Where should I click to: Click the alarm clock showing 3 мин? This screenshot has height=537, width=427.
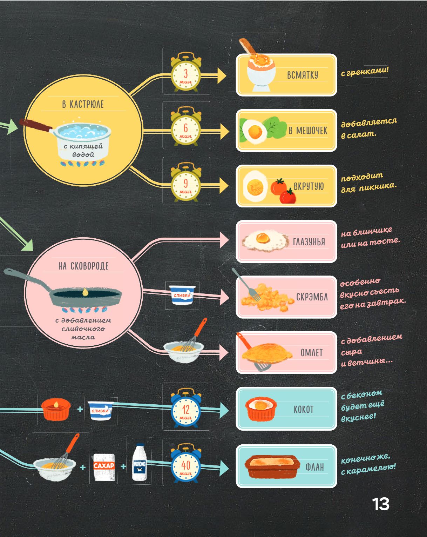coord(186,73)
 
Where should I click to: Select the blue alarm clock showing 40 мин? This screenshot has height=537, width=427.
coord(186,465)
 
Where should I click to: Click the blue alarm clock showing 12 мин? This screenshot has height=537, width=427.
coord(186,409)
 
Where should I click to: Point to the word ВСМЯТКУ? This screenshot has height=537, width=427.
coord(303,75)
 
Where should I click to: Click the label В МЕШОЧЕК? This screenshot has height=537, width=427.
coord(308,131)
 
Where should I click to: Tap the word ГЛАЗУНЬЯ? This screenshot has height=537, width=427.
coord(309,242)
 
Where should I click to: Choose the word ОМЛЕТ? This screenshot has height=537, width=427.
coord(311,353)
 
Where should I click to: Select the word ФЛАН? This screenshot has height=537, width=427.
coord(314,467)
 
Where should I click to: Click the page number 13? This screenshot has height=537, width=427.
coord(380,504)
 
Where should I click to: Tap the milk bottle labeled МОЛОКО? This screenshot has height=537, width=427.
coord(139,462)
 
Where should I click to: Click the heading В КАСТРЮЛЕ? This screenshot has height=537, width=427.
coord(83,104)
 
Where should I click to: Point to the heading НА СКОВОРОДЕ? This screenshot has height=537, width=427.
coord(83,266)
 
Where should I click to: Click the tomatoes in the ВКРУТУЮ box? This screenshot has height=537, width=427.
coord(284,191)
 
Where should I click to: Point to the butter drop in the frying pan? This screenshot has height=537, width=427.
coord(85,292)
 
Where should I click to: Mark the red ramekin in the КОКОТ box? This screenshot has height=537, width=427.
coord(260,409)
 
